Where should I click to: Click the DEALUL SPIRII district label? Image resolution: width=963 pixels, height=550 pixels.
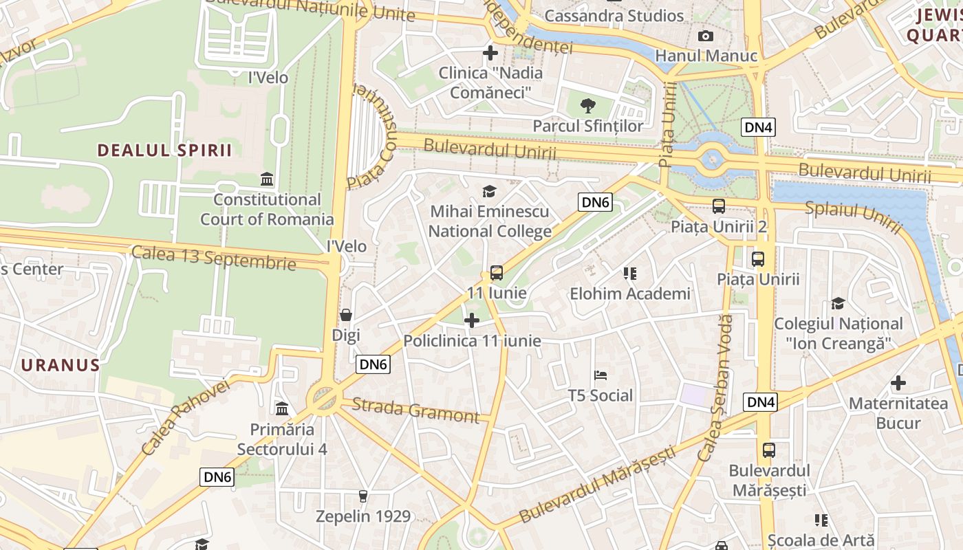(164, 151)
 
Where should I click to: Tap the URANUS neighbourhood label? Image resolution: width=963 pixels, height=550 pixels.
(61, 364)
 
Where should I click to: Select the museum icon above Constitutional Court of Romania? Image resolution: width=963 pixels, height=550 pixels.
(267, 180)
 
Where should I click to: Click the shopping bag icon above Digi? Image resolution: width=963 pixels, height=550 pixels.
(346, 315)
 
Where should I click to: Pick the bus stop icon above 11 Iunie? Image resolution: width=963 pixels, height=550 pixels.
(497, 273)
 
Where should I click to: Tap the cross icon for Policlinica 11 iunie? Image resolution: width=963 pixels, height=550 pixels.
(472, 320)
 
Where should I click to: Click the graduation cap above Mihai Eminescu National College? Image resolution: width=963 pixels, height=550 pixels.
(489, 191)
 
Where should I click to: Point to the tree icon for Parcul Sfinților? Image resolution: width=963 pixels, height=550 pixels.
(588, 106)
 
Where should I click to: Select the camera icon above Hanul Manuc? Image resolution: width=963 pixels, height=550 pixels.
(706, 36)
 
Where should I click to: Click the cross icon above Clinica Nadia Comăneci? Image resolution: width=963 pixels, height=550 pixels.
(490, 52)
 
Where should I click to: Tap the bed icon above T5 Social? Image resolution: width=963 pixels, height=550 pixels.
(600, 375)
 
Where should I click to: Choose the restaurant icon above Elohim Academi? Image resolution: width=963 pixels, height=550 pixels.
(629, 274)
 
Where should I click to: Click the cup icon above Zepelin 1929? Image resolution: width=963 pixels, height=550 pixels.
(363, 496)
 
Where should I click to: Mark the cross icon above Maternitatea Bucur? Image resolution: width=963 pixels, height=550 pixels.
(898, 383)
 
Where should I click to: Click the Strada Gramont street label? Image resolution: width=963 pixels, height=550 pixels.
(415, 410)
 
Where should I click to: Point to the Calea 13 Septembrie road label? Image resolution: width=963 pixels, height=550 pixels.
(213, 257)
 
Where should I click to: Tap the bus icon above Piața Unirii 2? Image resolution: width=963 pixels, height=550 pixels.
(719, 206)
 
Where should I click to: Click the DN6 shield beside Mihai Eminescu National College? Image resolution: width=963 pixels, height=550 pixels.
(595, 202)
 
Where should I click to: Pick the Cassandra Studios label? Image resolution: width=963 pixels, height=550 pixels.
(614, 16)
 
